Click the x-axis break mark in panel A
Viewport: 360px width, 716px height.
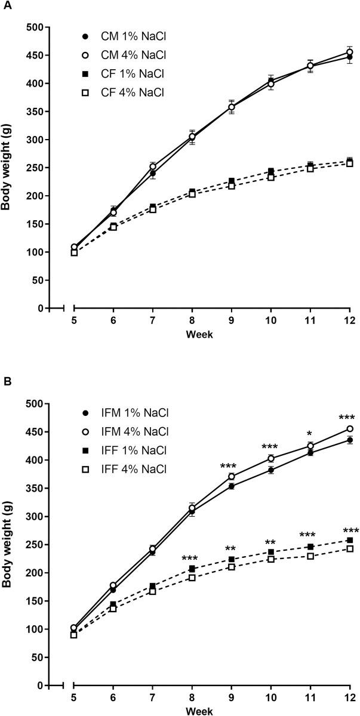point(62,308)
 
